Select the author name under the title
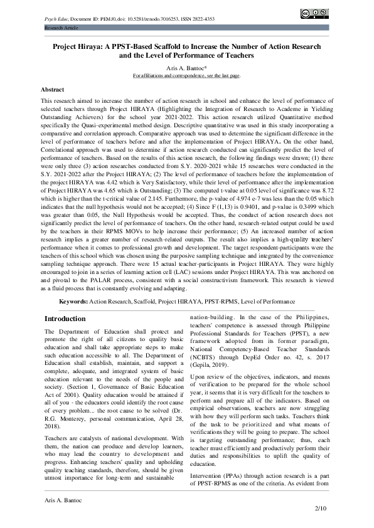coord(186,68)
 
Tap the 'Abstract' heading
coord(51,90)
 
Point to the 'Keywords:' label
coord(73,301)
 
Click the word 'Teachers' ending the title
coord(235,55)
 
